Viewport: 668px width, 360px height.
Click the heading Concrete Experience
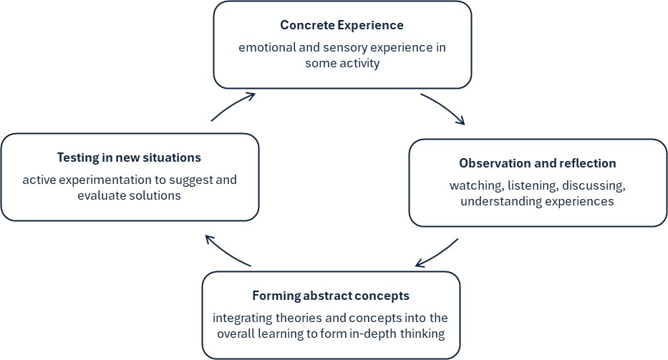tap(342, 26)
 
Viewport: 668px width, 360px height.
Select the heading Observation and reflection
tap(537, 163)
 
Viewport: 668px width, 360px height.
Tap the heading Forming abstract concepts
tap(331, 296)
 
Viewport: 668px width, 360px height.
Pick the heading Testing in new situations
tap(129, 157)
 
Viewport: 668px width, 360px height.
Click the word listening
tap(530, 185)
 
